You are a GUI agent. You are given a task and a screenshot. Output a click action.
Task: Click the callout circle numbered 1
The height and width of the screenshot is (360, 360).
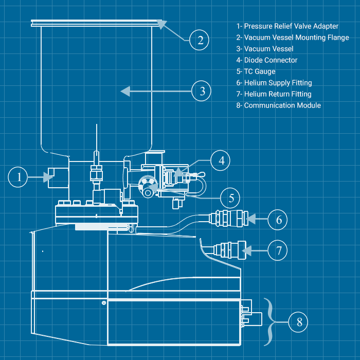point(19,177)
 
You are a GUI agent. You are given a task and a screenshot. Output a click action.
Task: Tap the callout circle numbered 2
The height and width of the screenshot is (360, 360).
point(200,40)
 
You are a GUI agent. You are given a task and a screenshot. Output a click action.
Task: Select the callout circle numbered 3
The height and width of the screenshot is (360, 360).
point(202,92)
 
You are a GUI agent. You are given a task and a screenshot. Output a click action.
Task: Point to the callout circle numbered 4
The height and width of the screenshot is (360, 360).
point(221,160)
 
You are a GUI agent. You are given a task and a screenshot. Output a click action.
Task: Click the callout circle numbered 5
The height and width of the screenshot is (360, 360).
point(231,198)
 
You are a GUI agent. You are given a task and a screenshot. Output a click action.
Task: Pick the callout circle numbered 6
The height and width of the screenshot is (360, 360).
point(278,220)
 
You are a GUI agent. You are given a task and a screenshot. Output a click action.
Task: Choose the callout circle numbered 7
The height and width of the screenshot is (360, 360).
point(278,250)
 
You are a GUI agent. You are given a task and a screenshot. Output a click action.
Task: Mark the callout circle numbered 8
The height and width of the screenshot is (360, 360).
point(298,322)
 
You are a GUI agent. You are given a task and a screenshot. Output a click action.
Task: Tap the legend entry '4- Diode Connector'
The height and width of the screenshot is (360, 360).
point(266,60)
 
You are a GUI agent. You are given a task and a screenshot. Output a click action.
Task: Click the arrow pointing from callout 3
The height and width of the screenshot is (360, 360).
point(154,92)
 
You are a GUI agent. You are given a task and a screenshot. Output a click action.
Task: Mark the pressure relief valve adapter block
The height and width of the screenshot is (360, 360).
point(58,177)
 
